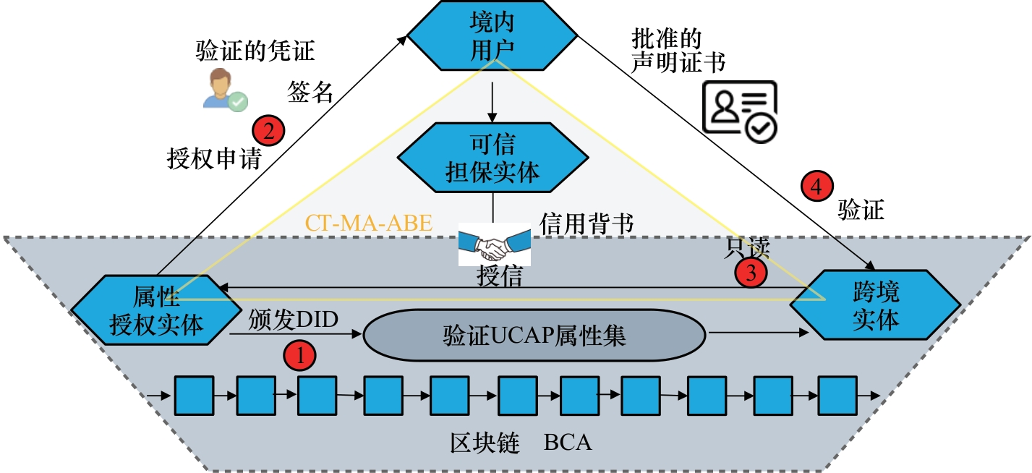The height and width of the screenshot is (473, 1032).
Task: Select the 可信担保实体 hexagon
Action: (x=492, y=158)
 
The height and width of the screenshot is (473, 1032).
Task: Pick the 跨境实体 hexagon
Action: (x=875, y=307)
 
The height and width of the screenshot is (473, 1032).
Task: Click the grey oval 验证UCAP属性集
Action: (x=534, y=336)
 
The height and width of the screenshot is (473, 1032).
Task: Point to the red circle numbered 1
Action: (x=299, y=355)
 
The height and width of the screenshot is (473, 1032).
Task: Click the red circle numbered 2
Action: (x=268, y=132)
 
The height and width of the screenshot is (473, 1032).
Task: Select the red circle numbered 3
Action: (x=751, y=273)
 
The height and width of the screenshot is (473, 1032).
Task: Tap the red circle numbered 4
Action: (x=816, y=188)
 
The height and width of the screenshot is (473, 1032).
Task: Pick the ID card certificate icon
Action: (x=740, y=109)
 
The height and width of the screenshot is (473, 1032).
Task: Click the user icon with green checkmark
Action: (x=225, y=90)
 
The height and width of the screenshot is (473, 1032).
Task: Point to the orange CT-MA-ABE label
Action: (x=369, y=223)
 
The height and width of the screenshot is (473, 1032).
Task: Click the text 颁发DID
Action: (x=293, y=319)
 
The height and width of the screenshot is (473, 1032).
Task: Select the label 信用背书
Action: (x=587, y=223)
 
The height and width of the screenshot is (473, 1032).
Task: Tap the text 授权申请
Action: (x=214, y=158)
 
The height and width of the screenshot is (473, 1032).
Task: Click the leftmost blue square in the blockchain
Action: (x=195, y=395)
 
